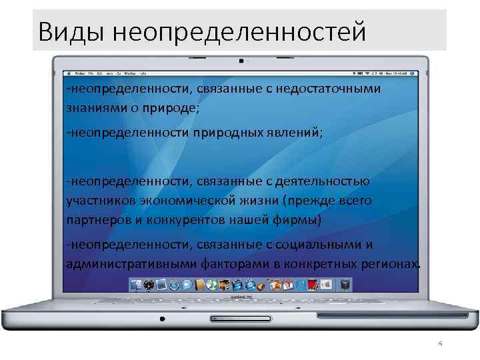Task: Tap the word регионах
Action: tap(394, 263)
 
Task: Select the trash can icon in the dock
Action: tap(345, 285)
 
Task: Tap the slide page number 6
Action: tap(440, 344)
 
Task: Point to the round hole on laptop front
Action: tap(161, 319)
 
